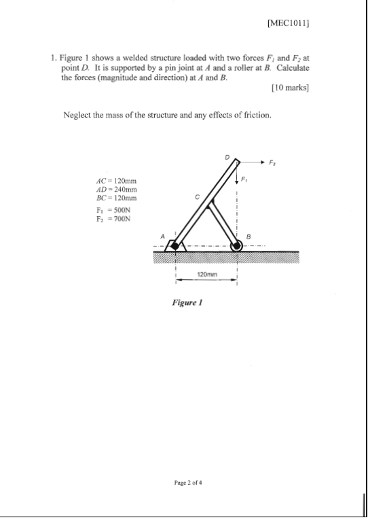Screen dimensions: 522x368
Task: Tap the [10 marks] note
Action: coord(290,88)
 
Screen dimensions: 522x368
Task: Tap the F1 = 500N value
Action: coord(112,211)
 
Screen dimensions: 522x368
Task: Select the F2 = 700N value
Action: coord(112,220)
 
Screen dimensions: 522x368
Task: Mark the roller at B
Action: coord(237,245)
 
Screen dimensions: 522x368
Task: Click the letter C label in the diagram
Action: coord(198,196)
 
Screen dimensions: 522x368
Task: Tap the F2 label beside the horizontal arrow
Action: coord(273,162)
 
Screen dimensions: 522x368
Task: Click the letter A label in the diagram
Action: coord(162,236)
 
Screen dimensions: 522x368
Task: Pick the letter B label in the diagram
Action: coord(249,236)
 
